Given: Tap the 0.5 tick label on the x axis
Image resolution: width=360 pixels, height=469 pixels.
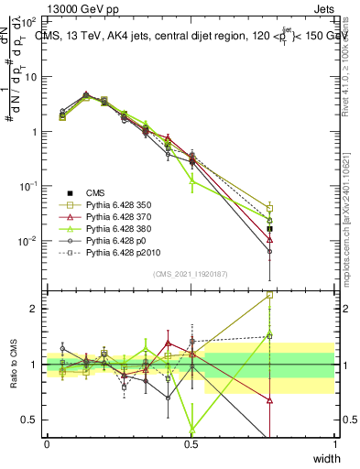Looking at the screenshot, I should coord(191,443).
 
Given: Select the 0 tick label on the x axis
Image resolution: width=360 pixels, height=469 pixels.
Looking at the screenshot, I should coord(47,443).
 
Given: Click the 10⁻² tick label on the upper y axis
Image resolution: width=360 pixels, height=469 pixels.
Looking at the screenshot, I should coord(27,241).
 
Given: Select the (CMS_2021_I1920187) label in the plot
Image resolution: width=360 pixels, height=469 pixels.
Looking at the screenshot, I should coord(191,274).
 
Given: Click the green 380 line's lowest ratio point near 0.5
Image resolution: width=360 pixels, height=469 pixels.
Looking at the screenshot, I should coord(191,428).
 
